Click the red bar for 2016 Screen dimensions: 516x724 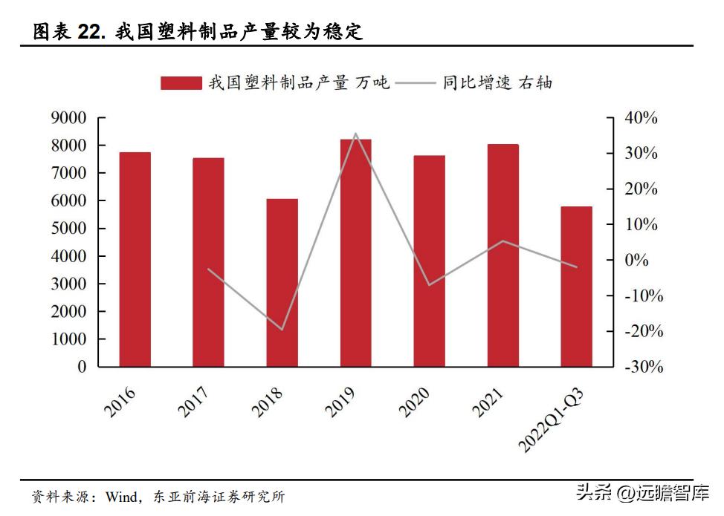click(135, 259)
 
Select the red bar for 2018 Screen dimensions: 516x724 click(282, 282)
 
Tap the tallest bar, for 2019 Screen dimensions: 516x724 click(355, 252)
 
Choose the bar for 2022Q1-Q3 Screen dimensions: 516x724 click(576, 286)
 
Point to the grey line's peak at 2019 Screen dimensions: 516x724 click(355, 134)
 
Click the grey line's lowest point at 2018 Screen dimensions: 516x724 click(282, 329)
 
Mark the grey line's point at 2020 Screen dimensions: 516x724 click(429, 284)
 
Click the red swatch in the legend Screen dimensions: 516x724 click(181, 82)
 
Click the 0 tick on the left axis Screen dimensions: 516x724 click(81, 367)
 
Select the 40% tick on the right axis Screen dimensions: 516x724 click(641, 118)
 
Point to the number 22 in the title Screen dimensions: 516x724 click(92, 32)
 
